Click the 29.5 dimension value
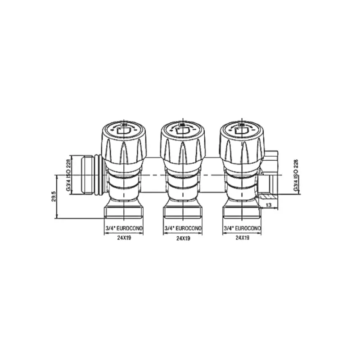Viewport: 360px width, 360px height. [x=54, y=196]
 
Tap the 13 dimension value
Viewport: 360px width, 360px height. [x=268, y=205]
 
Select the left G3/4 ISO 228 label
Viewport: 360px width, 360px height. [x=68, y=175]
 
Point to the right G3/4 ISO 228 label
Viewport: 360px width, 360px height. [x=296, y=175]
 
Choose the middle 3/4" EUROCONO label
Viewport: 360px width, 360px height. [x=183, y=229]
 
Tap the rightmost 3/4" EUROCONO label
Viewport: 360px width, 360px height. [x=242, y=229]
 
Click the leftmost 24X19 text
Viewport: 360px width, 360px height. [x=124, y=238]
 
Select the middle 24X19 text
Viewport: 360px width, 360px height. [x=183, y=238]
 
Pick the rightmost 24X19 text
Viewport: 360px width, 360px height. [x=242, y=238]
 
